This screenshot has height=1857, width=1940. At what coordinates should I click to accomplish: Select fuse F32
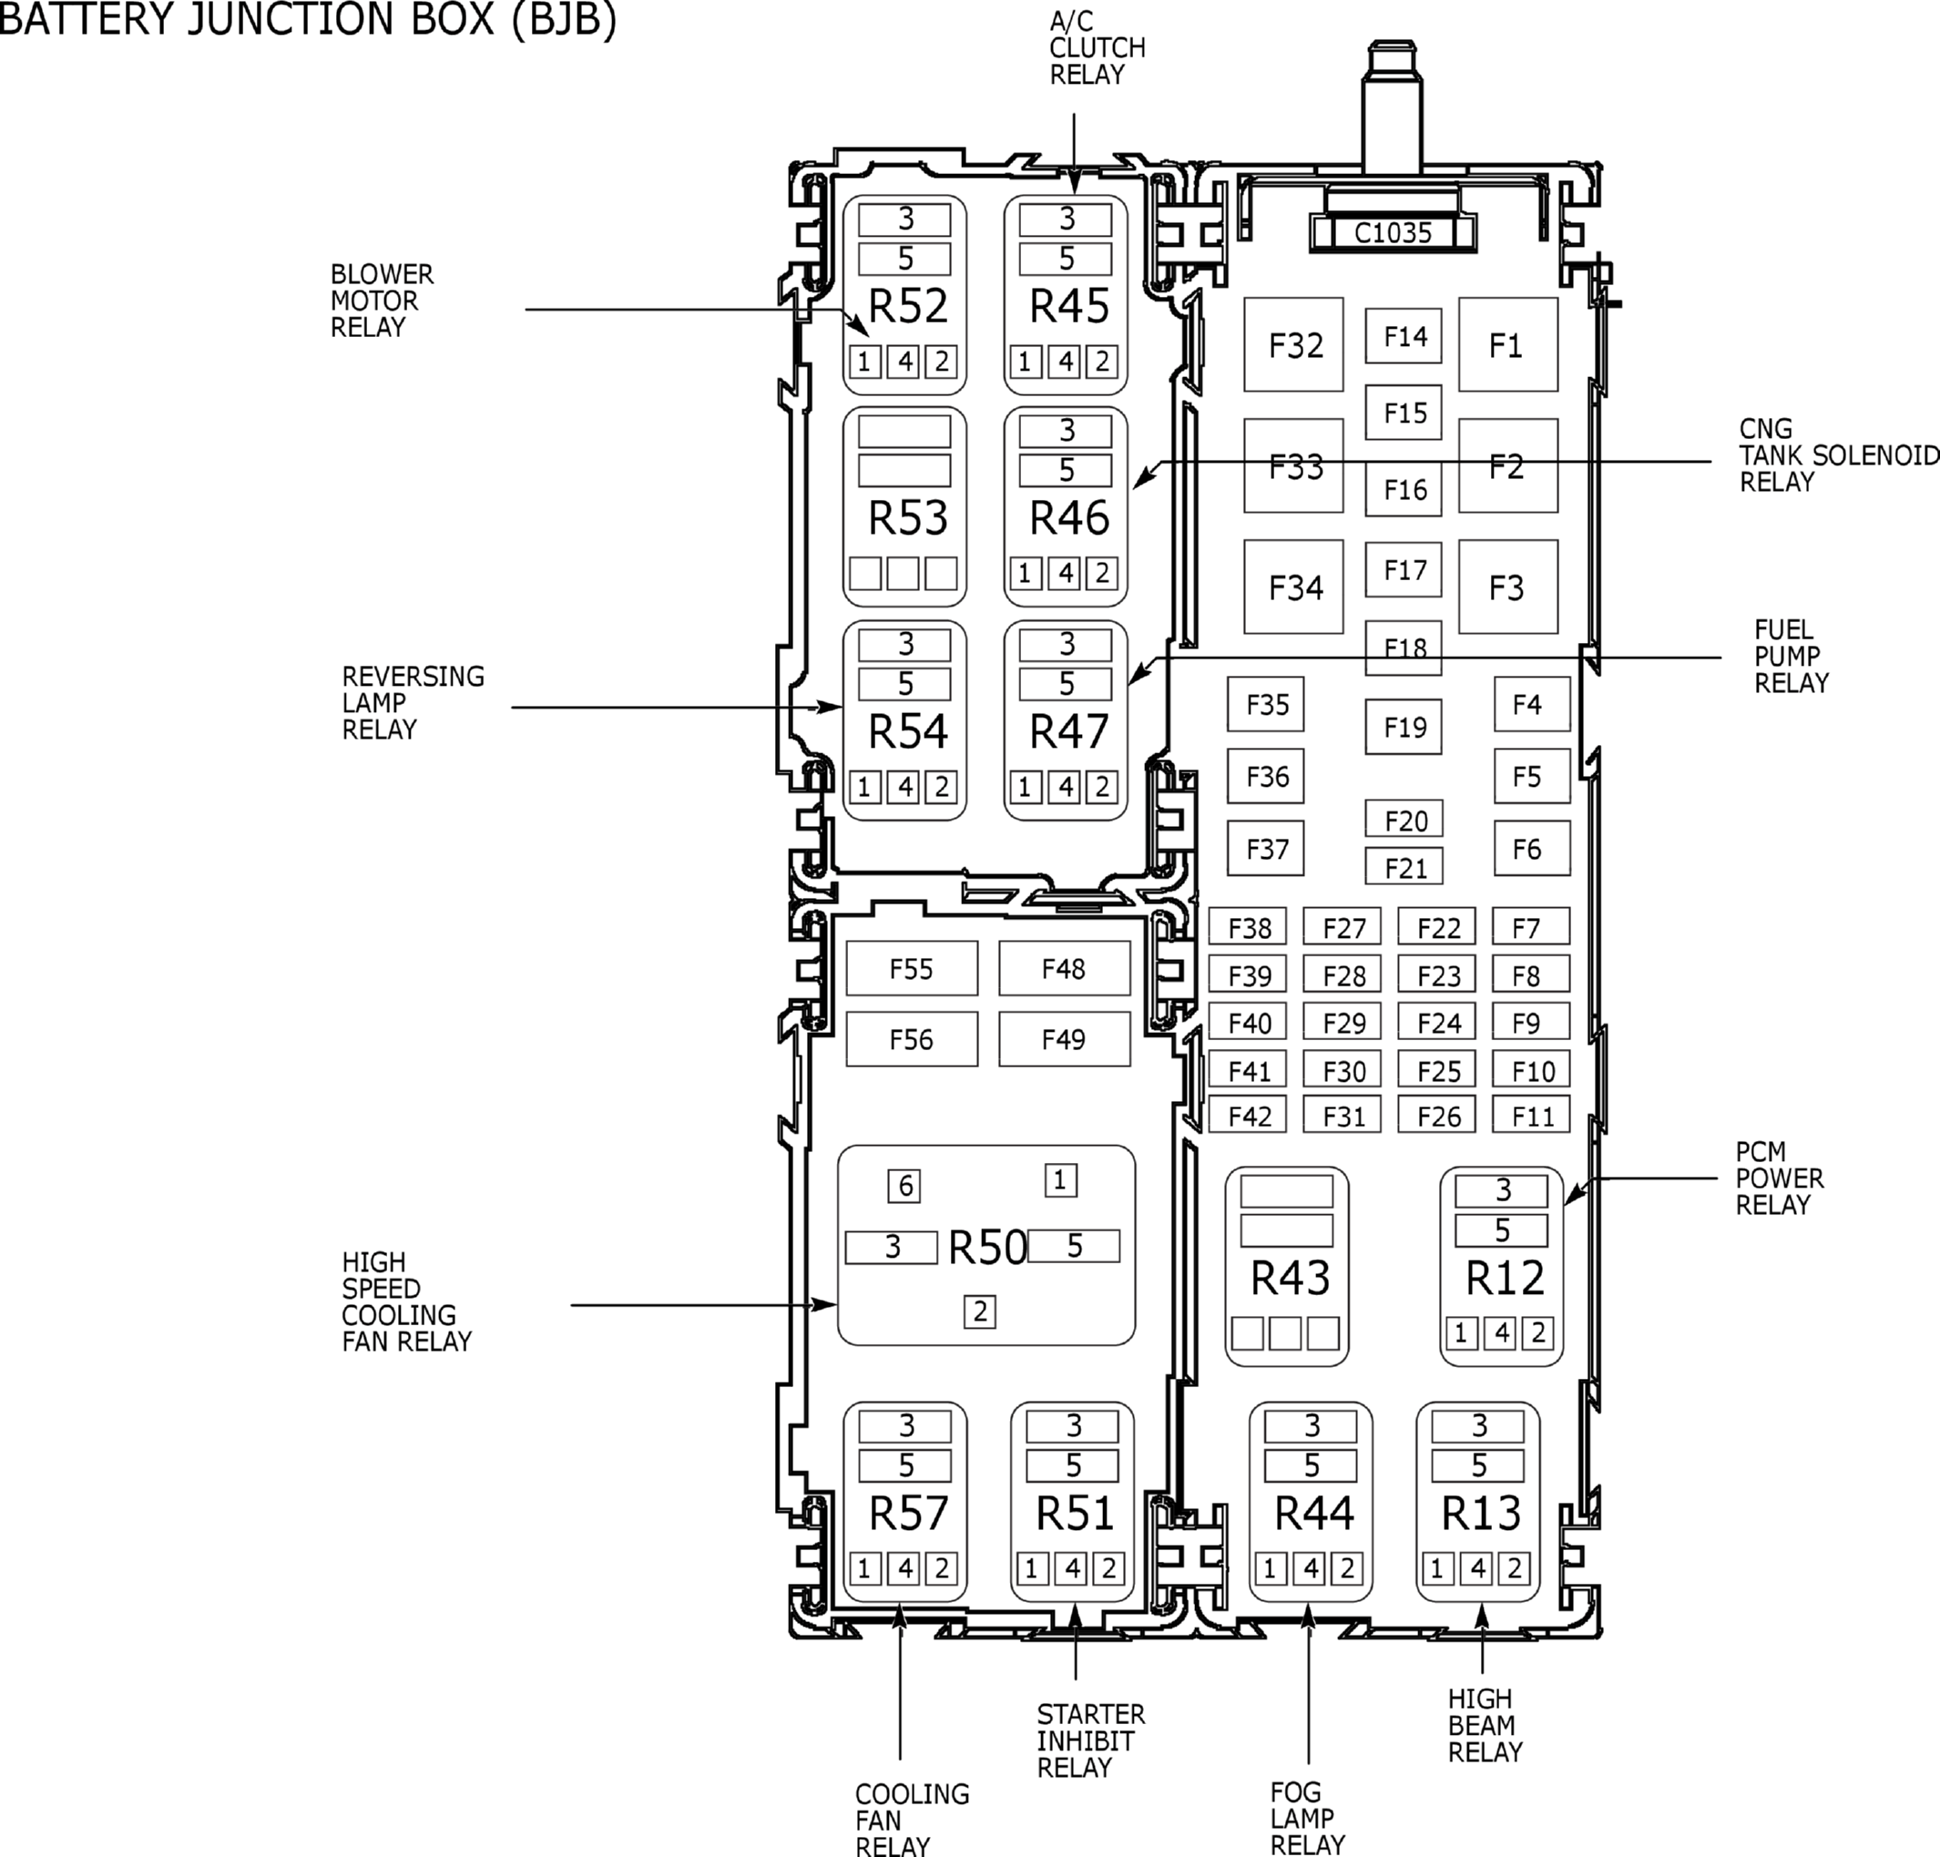pos(1293,344)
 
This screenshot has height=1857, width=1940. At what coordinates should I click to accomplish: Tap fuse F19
pos(1404,728)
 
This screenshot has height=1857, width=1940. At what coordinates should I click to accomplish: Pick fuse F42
pos(1248,1116)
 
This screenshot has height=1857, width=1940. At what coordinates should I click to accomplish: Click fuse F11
pos(1531,1116)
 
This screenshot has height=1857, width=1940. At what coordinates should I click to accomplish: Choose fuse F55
pos(912,968)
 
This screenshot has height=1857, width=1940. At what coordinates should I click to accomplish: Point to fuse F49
pos(1064,1038)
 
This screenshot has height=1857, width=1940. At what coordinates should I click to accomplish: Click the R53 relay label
pos(908,517)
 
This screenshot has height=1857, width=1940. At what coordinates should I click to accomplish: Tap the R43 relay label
pos(1290,1278)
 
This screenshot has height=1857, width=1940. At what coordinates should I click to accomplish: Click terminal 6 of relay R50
pos(904,1186)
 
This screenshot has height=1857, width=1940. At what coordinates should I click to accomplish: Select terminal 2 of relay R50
pos(980,1311)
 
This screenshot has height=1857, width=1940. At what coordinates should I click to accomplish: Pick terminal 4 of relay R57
pos(904,1568)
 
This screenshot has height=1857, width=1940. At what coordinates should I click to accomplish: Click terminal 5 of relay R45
pos(1066,260)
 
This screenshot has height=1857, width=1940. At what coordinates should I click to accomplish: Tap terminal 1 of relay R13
pos(1437,1568)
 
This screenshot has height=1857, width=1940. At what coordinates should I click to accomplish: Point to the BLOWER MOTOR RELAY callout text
pos(382,301)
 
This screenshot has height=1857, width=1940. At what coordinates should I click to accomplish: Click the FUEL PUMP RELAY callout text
pos(1792,657)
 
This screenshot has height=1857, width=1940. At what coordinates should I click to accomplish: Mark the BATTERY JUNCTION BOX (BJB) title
pos(308,19)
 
